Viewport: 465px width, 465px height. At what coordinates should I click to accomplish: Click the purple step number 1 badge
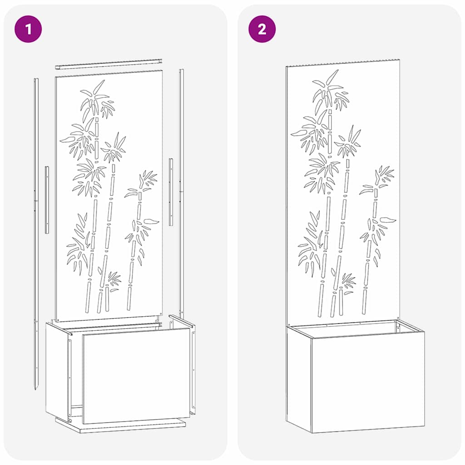point(28,29)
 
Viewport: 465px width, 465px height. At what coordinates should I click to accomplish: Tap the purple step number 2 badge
point(262,29)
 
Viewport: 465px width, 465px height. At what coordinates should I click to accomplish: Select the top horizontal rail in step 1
point(109,64)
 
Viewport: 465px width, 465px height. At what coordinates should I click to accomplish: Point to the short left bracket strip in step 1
point(47,200)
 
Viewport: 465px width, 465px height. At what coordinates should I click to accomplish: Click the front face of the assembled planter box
point(368,381)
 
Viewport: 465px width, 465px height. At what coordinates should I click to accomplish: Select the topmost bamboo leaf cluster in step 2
point(330,91)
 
